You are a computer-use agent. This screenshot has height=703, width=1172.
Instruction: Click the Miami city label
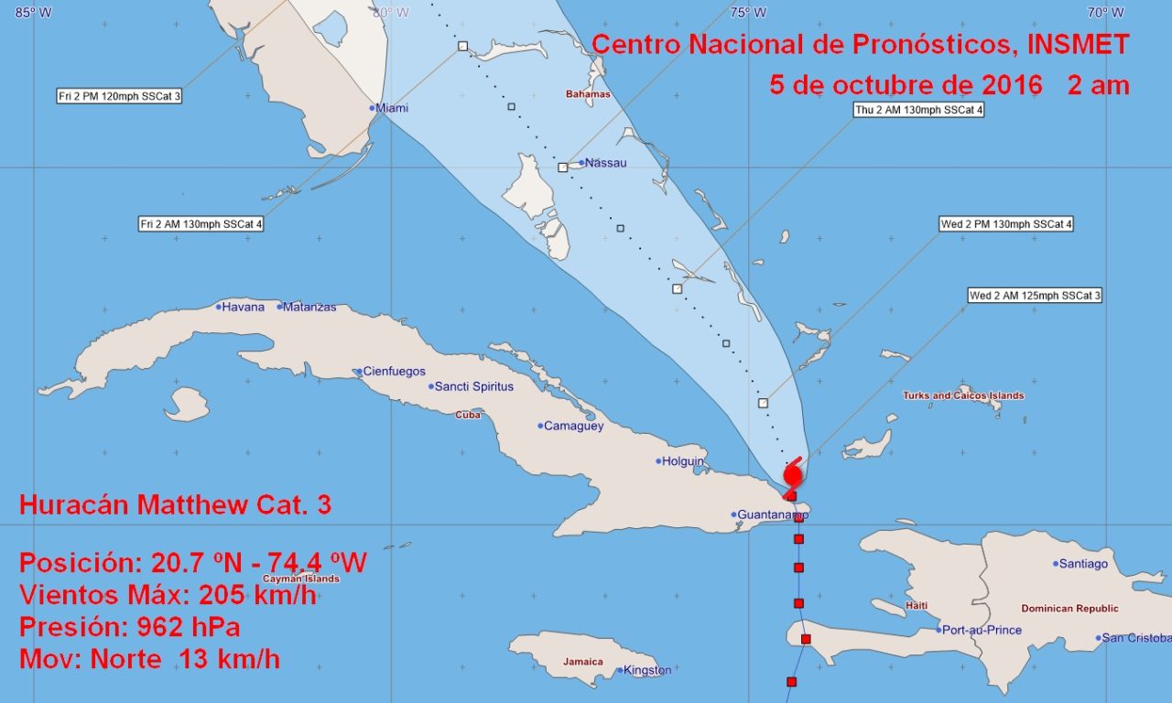392,108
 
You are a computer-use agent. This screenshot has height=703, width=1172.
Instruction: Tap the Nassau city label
606,163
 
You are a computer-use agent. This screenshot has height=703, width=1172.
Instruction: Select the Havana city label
243,307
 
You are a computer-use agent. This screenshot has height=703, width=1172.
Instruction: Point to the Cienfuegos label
394,372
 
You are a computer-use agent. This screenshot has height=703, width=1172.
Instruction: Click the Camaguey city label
574,426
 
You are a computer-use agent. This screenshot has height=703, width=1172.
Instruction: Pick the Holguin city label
684,461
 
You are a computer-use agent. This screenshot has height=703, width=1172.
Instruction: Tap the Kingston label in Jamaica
648,670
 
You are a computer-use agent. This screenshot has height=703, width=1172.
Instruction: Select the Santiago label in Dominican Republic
1083,564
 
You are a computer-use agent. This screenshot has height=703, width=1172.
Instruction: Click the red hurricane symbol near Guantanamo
793,475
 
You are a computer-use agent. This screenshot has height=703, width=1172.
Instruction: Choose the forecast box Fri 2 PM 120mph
119,96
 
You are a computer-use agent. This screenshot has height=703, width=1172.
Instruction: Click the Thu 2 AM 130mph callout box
918,111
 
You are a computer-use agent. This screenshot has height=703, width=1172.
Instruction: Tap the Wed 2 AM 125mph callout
1036,296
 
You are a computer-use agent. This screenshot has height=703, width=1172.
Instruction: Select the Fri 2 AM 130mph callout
201,224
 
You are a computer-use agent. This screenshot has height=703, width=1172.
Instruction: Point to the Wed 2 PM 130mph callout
1006,224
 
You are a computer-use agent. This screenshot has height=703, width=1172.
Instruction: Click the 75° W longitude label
748,13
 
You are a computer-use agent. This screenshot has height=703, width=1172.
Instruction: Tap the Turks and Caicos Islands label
963,396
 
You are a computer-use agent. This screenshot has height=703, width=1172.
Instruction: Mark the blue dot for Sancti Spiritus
431,386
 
